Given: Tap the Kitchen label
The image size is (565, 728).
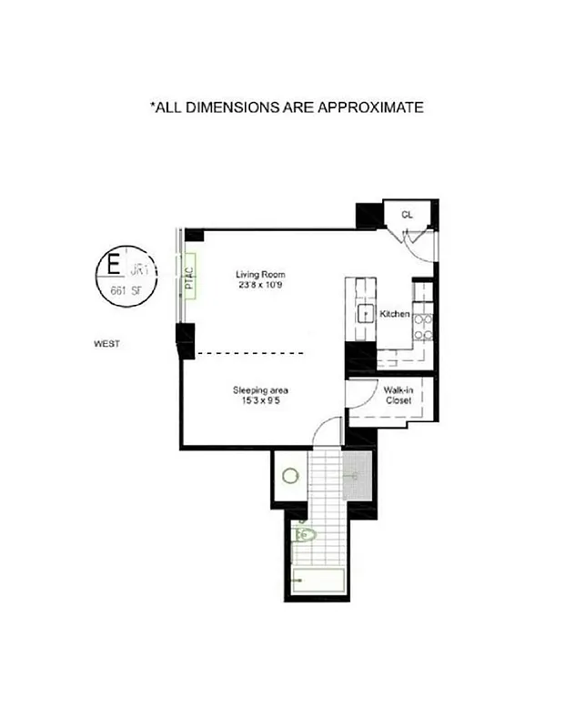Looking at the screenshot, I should point(394,314).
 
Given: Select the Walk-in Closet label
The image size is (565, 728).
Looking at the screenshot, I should point(399,395).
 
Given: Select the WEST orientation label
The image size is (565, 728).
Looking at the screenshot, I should point(107,344).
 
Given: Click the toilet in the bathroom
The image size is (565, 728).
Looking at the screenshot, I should point(303,535).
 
